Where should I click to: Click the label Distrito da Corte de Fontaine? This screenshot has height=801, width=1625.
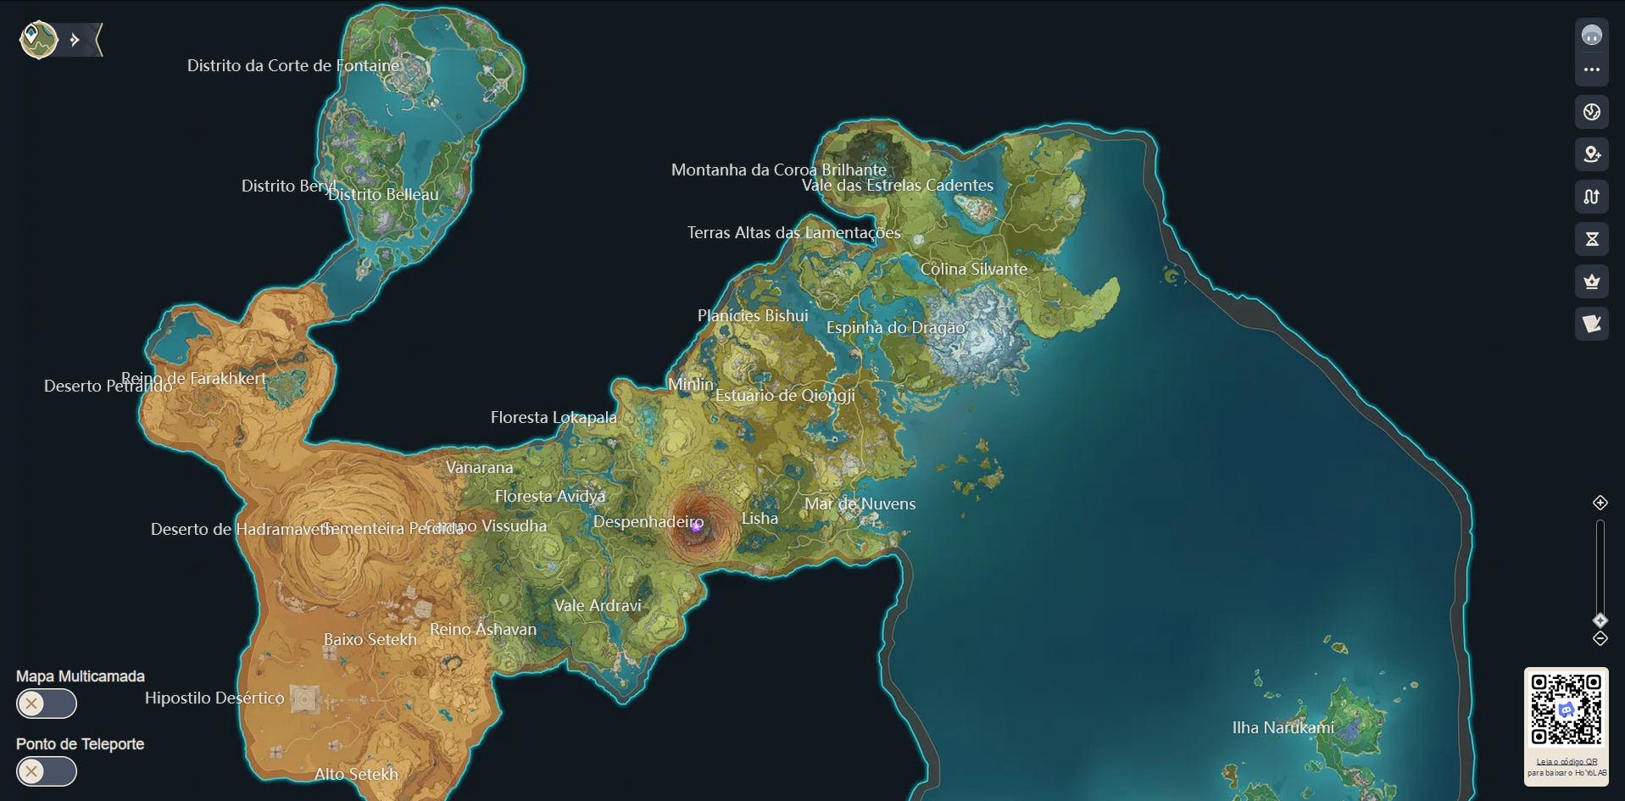click(x=292, y=65)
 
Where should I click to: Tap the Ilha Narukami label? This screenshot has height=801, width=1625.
click(x=1283, y=727)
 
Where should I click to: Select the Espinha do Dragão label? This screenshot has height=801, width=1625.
click(x=895, y=327)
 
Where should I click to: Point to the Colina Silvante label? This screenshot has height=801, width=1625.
click(x=973, y=269)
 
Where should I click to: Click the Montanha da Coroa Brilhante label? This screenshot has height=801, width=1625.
click(x=778, y=170)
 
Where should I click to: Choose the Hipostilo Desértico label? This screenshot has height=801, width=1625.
click(x=214, y=698)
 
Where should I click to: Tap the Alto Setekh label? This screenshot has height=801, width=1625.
click(x=356, y=774)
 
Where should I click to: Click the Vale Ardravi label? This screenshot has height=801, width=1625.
click(x=598, y=605)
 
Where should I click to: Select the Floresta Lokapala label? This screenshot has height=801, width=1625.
click(x=554, y=417)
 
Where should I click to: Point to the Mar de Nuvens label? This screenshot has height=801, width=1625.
click(x=860, y=503)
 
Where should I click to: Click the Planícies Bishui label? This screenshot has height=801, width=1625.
click(x=753, y=315)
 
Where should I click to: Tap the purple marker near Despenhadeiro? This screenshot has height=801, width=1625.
click(x=696, y=526)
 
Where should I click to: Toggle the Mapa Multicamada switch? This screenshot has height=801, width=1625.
click(x=47, y=704)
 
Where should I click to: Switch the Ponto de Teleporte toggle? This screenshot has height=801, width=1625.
click(x=47, y=771)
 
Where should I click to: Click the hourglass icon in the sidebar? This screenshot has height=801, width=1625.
click(x=1591, y=239)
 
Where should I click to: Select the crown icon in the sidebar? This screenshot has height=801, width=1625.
click(x=1591, y=281)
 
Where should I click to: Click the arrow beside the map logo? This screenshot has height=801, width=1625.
click(x=75, y=40)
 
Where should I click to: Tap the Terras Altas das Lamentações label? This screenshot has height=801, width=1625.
click(x=793, y=232)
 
